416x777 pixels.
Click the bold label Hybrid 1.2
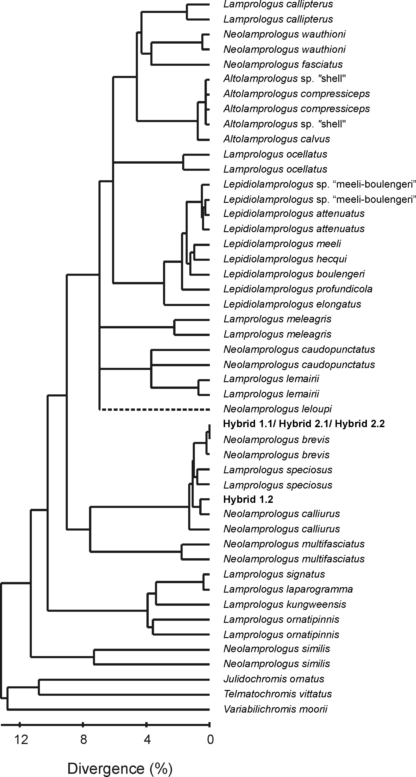[x=248, y=499]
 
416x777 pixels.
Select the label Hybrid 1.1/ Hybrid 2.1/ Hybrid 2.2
[x=304, y=424]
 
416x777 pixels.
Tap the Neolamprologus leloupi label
[x=278, y=409]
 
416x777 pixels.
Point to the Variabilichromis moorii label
[x=276, y=709]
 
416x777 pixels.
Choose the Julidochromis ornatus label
[x=274, y=679]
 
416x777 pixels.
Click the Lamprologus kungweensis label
[x=285, y=604]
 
